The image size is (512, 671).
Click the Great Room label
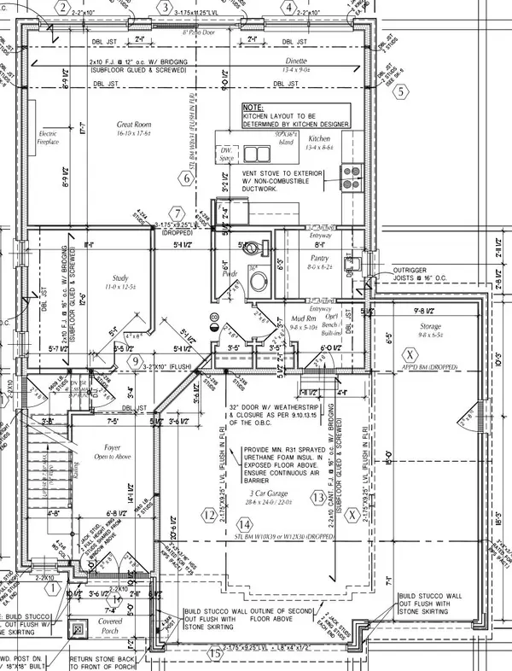point(134,125)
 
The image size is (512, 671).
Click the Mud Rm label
point(305,316)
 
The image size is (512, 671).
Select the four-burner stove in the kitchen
point(350,176)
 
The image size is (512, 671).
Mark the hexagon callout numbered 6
point(183,178)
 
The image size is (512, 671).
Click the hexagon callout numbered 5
point(396,93)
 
